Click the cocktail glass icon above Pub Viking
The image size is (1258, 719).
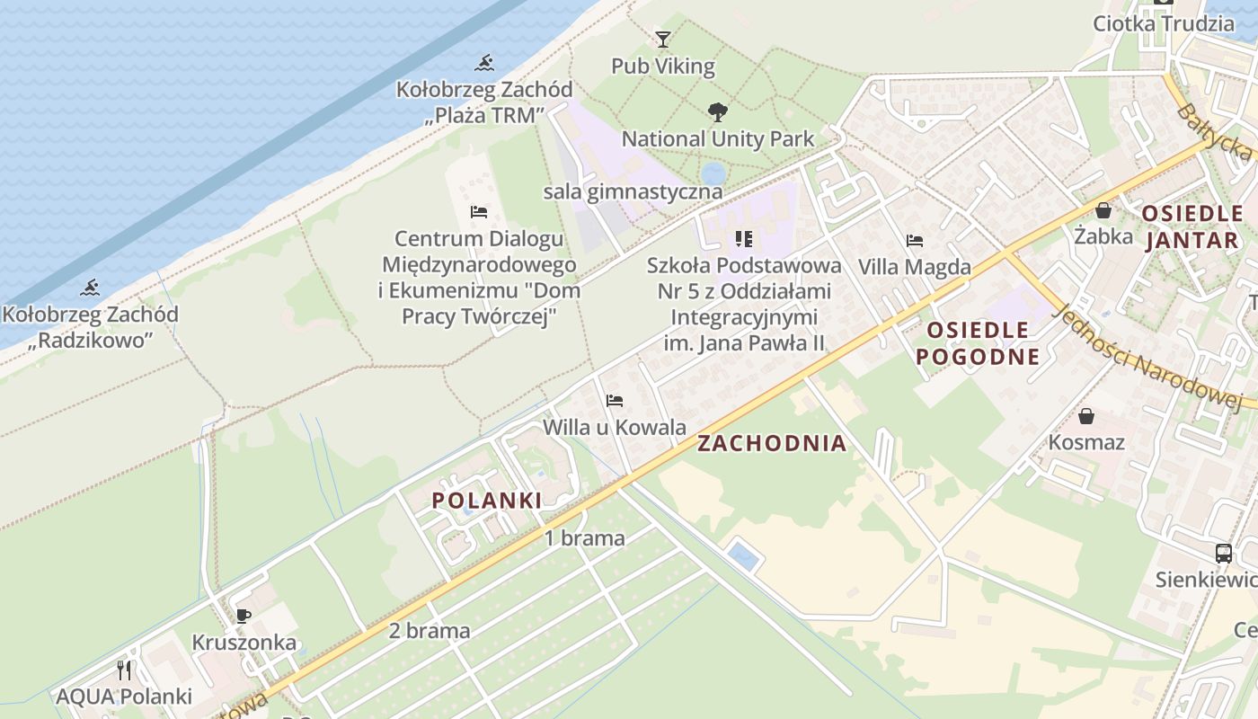click(663, 40)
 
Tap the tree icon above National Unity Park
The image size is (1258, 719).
click(718, 112)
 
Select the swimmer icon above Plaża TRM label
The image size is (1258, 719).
click(485, 63)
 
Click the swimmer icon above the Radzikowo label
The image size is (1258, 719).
click(90, 288)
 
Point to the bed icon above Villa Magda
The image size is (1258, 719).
click(915, 241)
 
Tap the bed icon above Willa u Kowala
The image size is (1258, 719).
click(615, 401)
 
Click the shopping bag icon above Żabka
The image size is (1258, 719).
click(1103, 210)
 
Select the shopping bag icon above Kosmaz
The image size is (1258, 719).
click(1086, 416)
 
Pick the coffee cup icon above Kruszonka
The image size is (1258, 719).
click(243, 617)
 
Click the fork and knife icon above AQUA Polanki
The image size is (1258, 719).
click(124, 670)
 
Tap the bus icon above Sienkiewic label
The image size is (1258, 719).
click(1224, 553)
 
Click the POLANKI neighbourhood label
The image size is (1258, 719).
click(487, 501)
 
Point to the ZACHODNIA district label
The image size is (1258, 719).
click(772, 443)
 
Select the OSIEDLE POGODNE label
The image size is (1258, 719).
click(978, 343)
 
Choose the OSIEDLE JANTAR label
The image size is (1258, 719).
click(1193, 227)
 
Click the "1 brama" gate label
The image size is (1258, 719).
click(585, 538)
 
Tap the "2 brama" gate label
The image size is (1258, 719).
click(430, 631)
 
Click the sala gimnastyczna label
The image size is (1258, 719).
click(633, 191)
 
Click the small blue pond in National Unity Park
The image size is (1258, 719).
click(713, 173)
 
